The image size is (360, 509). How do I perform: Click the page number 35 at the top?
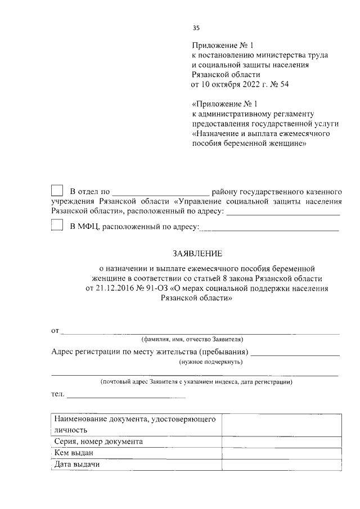[x=196, y=28]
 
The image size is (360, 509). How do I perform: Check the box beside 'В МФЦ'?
[x=57, y=226]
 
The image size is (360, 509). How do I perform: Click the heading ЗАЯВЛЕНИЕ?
[x=196, y=254]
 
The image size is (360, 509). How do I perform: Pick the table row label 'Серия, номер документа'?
[x=99, y=442]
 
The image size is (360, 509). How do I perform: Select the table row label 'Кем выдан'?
[x=74, y=453]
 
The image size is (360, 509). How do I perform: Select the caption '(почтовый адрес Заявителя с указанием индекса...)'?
[x=195, y=382]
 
